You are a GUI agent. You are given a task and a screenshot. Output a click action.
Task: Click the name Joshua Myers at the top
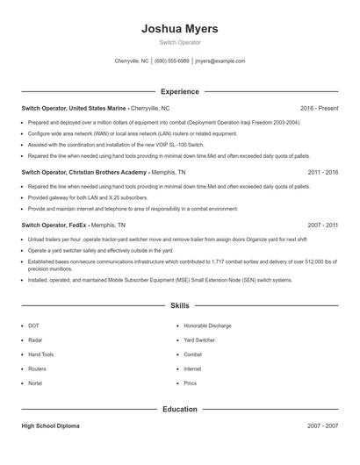coord(180,28)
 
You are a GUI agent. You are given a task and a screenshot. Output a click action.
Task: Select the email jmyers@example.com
coord(220,61)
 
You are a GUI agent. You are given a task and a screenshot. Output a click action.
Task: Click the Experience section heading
coord(180,91)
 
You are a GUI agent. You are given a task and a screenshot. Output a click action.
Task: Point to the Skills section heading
coord(180,306)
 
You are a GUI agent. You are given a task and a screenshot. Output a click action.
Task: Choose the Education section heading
coord(180,409)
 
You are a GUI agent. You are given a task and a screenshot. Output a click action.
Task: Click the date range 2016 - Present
coord(319,108)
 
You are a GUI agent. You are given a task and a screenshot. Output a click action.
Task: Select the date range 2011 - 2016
coord(322,173)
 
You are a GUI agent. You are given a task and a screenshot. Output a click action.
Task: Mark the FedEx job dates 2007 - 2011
coord(322,225)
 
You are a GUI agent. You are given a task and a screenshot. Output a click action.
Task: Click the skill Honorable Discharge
coord(208,326)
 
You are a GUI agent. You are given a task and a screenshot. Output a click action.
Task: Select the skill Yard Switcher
coord(199,340)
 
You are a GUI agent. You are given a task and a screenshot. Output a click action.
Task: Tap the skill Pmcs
coord(191,383)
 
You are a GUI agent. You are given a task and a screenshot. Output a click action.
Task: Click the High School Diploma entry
coord(51,426)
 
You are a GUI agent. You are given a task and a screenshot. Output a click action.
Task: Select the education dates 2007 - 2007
coord(322,426)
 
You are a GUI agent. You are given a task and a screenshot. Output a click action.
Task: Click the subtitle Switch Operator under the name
coord(180,42)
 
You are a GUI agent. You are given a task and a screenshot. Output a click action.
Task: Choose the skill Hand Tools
coord(41,354)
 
